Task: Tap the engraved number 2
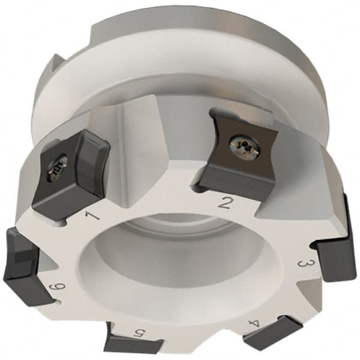(225, 202)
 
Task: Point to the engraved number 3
(304, 265)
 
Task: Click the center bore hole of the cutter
(174, 264)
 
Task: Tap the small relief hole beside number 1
(65, 224)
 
